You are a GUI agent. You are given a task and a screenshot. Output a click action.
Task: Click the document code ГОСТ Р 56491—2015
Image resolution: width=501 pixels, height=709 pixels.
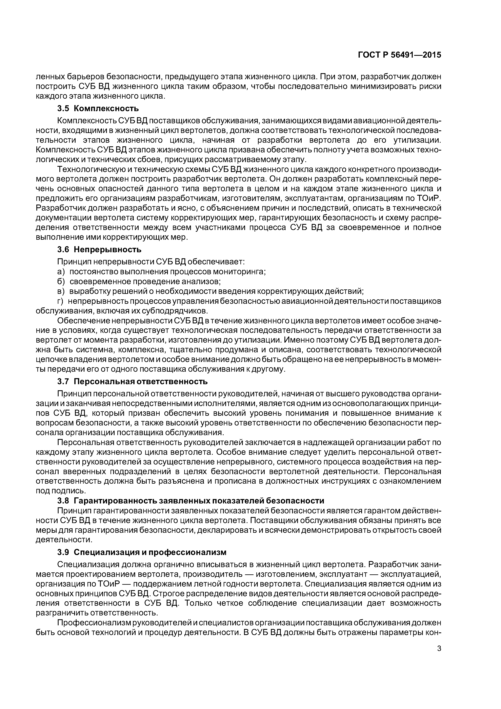[399, 55]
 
